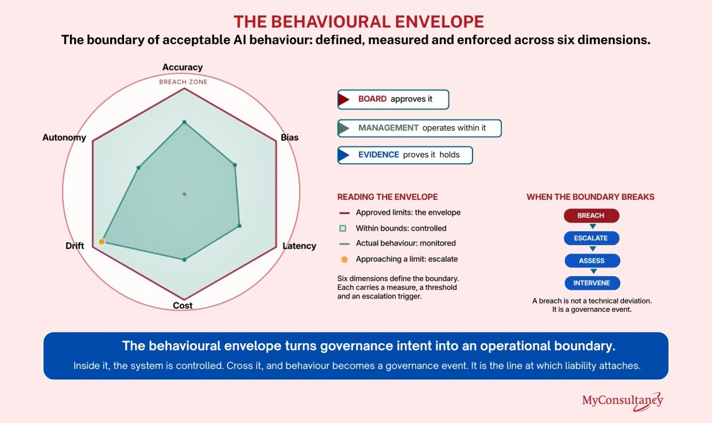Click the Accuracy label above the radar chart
coord(183,67)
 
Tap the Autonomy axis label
coord(64,138)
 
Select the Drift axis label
coord(75,246)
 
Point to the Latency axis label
coord(299,246)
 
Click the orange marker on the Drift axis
coord(102,242)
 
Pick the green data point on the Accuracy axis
coord(184,122)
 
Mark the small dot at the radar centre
coord(184,194)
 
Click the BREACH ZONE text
coord(183,82)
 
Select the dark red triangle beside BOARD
coord(344,100)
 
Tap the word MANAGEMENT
coord(388,128)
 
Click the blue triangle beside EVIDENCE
coord(344,155)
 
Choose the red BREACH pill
coord(591,215)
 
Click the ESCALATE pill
coord(591,238)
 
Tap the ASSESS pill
coord(592,261)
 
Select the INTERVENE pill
coord(592,283)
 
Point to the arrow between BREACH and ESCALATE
coord(593,226)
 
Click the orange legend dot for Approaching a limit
coord(345,259)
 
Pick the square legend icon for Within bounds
coord(343,228)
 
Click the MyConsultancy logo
coord(622,401)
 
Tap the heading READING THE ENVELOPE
coord(388,197)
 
